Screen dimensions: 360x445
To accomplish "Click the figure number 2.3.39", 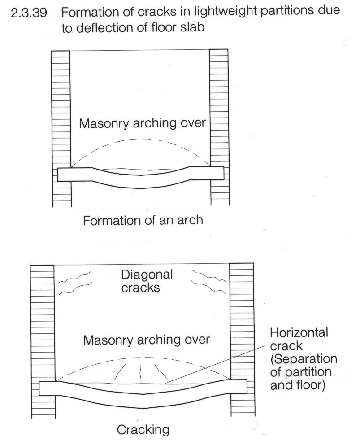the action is [x=29, y=13].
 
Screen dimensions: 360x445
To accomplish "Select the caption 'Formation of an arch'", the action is [x=143, y=221].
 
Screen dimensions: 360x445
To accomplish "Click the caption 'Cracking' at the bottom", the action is [x=143, y=430].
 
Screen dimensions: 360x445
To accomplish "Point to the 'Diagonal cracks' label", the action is [x=147, y=281].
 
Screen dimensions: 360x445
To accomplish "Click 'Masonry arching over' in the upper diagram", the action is [x=143, y=123].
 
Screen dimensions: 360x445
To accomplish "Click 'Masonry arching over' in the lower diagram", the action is [x=147, y=340].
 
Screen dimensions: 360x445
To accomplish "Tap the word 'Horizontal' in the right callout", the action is [x=299, y=332].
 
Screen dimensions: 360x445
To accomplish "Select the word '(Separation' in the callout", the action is [x=304, y=359].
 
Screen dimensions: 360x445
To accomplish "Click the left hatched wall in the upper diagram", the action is [x=61, y=128].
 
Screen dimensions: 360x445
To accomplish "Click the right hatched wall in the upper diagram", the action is [x=219, y=127].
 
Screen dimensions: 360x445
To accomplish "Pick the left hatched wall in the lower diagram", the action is [x=43, y=341].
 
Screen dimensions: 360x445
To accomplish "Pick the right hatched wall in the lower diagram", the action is [x=242, y=340].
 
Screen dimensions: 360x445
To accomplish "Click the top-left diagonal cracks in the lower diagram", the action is [x=75, y=282].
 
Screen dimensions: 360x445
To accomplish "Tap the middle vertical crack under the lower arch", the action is [x=141, y=372].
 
